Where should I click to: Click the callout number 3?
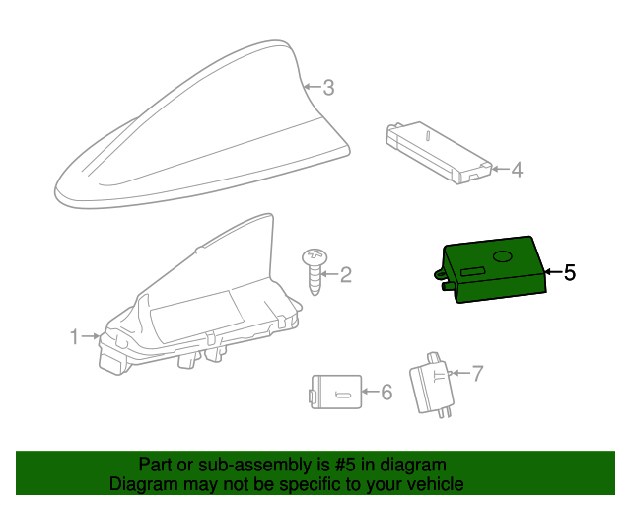coord(328,88)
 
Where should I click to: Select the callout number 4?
coord(517,170)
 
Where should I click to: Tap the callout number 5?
coord(569,272)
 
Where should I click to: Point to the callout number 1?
coord(74,337)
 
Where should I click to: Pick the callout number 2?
coord(345,275)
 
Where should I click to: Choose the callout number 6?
coord(386,393)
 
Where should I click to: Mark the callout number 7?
coord(477,373)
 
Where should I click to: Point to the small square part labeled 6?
coord(334,391)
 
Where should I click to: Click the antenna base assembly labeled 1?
coord(197,306)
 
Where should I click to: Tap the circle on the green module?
coord(503,256)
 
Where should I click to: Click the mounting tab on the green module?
coord(439,275)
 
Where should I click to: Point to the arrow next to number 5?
coord(553,272)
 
